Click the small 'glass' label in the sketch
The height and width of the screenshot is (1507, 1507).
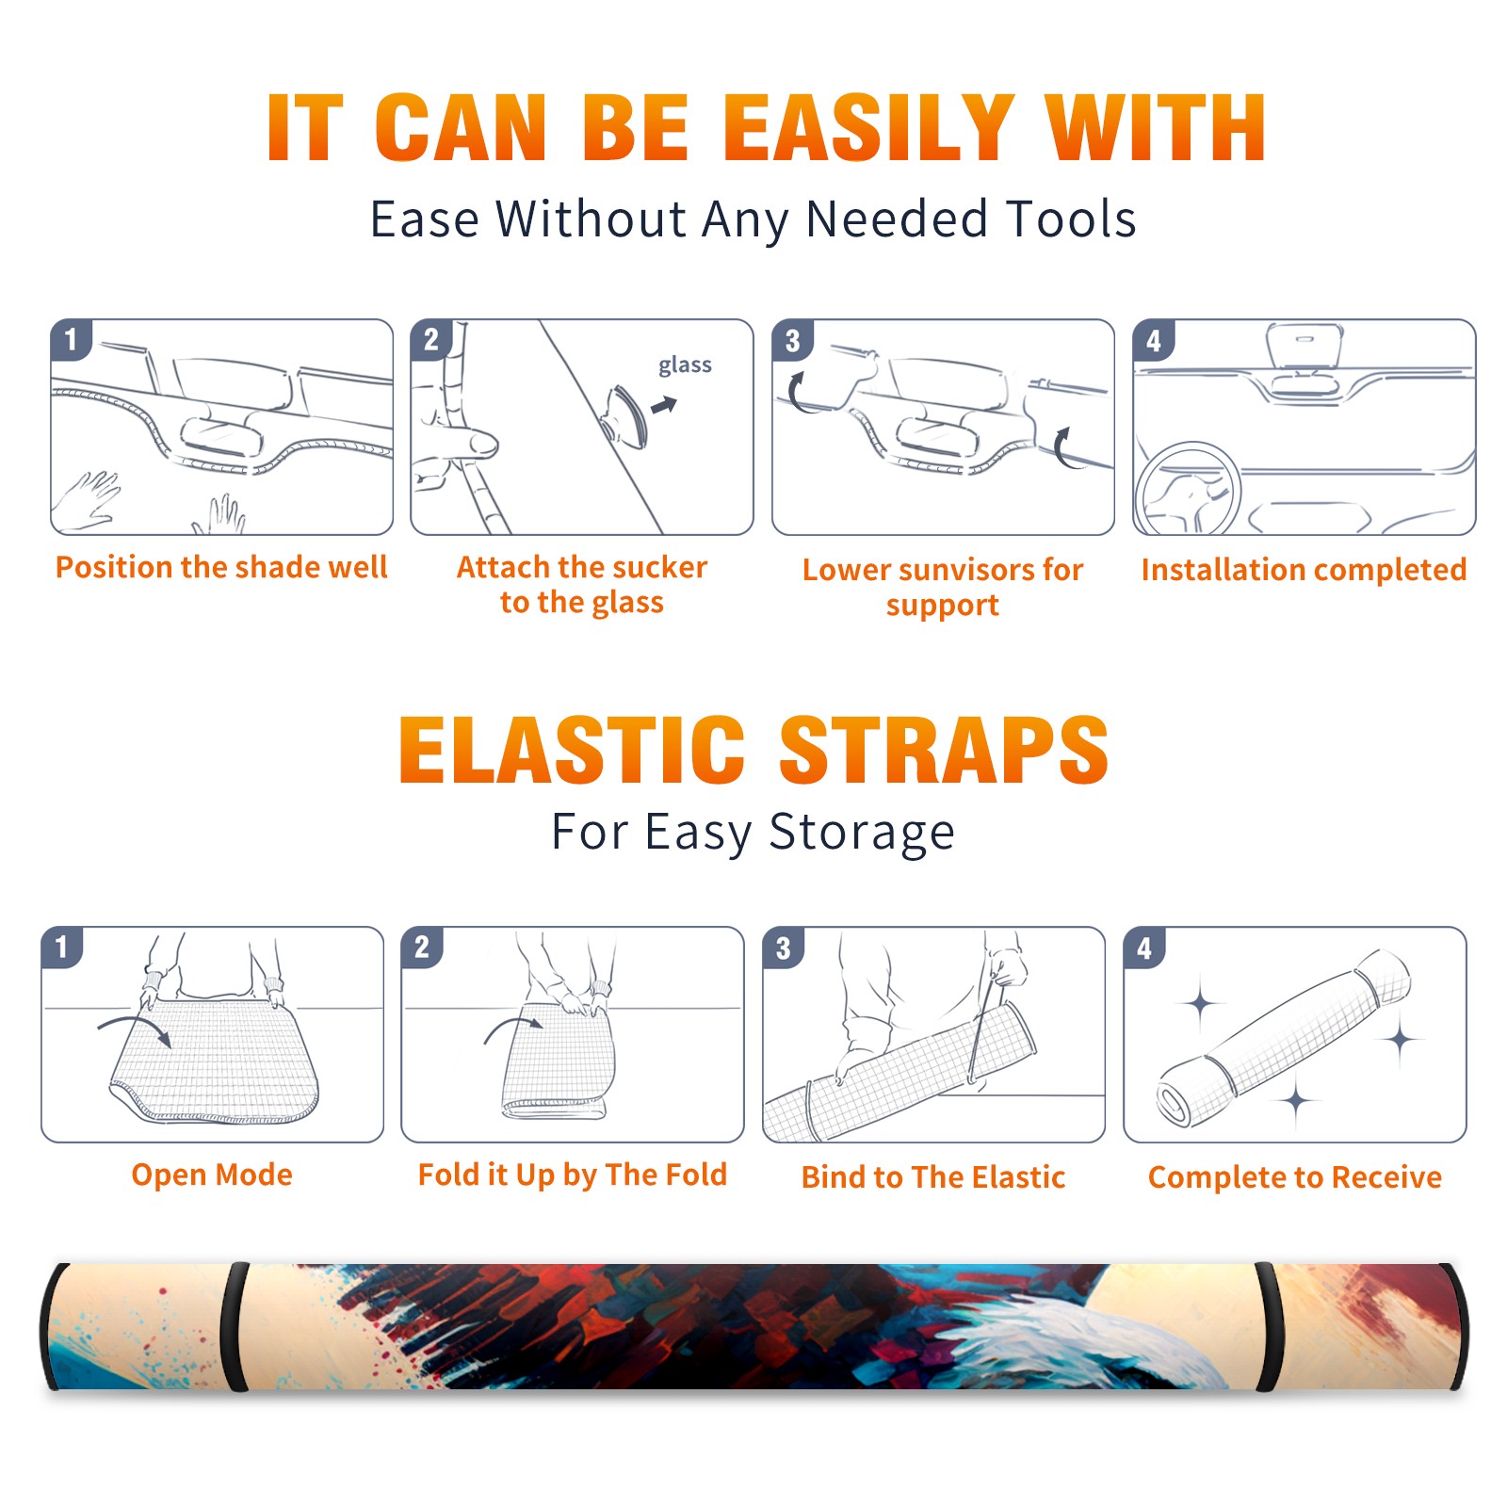[685, 365]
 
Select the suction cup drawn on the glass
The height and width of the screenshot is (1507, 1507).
[626, 416]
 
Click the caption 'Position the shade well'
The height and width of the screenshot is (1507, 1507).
[221, 567]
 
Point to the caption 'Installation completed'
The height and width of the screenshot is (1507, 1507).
[1304, 569]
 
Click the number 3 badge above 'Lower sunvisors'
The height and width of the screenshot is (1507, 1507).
[792, 340]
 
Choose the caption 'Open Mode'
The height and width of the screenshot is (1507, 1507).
[212, 1175]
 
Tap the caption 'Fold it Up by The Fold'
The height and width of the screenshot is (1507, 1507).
[573, 1175]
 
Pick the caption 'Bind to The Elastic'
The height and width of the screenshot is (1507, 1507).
[933, 1177]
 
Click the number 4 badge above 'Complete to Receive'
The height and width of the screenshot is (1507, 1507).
[1144, 948]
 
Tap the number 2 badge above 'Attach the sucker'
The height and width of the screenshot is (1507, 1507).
[431, 339]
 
